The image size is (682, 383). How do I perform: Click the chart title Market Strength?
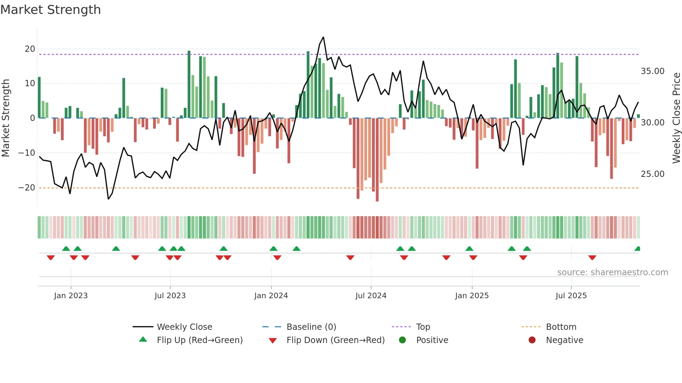point(50,10)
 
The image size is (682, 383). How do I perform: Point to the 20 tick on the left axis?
point(30,49)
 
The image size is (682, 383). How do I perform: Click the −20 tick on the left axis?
point(27,188)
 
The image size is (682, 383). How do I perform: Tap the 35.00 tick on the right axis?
point(652,71)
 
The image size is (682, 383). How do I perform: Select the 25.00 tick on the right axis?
point(652,174)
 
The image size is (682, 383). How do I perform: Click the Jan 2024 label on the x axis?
point(271,296)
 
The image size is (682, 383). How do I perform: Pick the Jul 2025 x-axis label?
point(571,296)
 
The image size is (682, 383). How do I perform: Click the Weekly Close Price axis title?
point(676,118)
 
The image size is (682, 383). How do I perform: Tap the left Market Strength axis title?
point(6,118)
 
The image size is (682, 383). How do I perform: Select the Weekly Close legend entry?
point(184,327)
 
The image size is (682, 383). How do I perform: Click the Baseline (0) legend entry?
point(311,327)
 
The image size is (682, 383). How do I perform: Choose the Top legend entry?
point(423,327)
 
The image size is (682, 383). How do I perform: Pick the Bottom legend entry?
point(561,327)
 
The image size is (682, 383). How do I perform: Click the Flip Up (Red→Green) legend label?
point(200,340)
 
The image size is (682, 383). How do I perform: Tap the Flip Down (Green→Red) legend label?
point(335,340)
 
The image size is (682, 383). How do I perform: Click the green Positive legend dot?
point(402,340)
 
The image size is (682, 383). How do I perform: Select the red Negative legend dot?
point(532,340)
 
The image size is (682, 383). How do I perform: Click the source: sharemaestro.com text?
point(612,272)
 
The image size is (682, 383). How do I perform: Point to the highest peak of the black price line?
point(323,37)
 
